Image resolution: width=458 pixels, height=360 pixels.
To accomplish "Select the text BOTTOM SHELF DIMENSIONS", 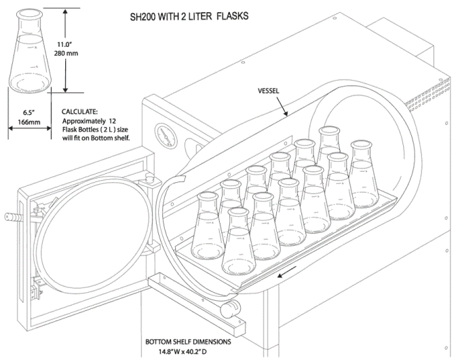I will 193,342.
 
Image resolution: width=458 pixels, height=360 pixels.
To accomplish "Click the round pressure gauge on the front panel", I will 163,131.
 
